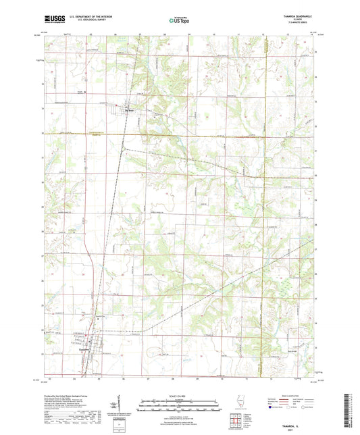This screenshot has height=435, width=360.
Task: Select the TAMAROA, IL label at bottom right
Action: click(x=298, y=418)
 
